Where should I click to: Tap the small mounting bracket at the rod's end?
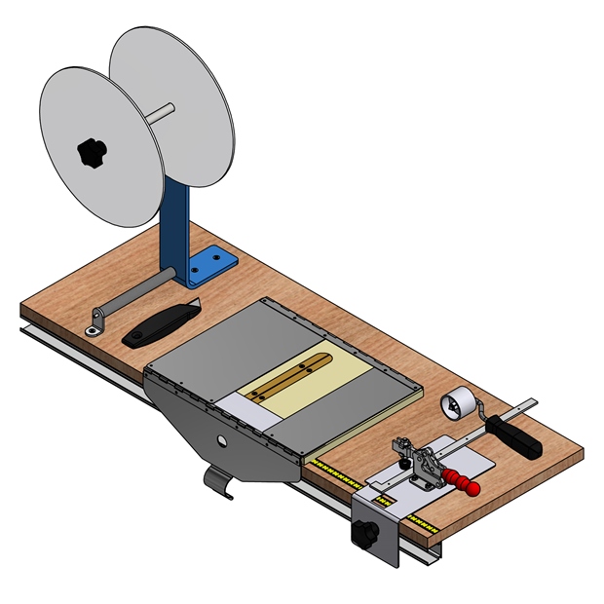tap(94, 321)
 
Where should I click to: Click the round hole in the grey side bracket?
tap(222, 441)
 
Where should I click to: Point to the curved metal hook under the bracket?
tap(220, 483)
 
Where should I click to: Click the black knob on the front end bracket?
tap(365, 534)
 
